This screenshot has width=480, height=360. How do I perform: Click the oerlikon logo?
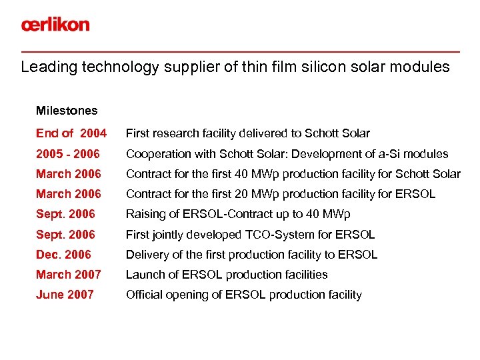pos(55,25)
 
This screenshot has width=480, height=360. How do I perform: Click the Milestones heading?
pos(67,111)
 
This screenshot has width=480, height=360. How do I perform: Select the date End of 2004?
pos(71,133)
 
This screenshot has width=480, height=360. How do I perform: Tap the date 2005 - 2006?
pos(68,154)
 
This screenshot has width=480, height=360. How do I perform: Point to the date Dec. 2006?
pos(63,255)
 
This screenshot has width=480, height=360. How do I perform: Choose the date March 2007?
pos(69,275)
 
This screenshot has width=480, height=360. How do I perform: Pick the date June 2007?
pos(65,295)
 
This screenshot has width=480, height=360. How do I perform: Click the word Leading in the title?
pos(45,67)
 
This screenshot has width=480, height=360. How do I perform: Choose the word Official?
pos(143,295)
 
